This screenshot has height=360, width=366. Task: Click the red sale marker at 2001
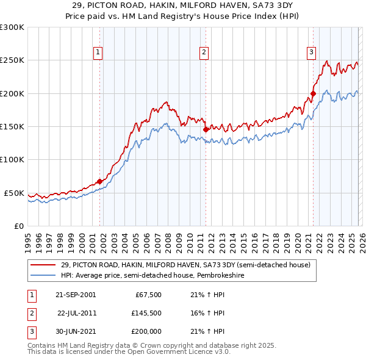pyautogui.click(x=99, y=181)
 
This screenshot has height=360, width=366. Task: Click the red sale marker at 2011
pyautogui.click(x=206, y=129)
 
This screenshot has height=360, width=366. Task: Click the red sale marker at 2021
pyautogui.click(x=313, y=93)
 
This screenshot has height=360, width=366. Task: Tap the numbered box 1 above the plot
pyautogui.click(x=98, y=53)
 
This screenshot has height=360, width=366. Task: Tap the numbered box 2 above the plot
pyautogui.click(x=203, y=53)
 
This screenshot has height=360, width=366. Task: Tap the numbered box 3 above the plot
pyautogui.click(x=311, y=53)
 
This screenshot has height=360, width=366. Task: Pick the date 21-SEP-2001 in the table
pyautogui.click(x=75, y=294)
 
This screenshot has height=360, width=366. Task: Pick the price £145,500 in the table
pyautogui.click(x=146, y=312)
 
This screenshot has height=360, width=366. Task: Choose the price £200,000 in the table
pyautogui.click(x=146, y=331)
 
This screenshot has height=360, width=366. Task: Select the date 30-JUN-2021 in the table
pyautogui.click(x=75, y=331)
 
